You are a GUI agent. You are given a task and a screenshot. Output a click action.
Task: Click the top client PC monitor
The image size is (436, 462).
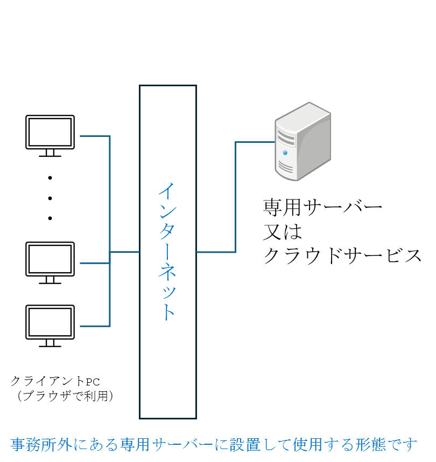coord(50,132)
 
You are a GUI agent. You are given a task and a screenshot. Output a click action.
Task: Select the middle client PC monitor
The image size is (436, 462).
coord(50,259)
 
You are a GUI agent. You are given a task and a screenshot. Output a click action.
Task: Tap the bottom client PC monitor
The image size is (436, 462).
coord(50,322)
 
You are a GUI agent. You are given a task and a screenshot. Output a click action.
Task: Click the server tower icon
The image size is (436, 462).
coord(302,141)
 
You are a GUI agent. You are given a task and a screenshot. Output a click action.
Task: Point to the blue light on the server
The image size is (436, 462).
coord(284,153)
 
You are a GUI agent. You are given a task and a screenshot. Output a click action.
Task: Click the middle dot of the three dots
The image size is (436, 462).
coord(50,198)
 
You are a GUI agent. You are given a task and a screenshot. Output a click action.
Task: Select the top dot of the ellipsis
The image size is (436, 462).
coord(50,177)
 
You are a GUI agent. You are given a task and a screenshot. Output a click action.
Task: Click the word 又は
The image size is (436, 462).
coord(283,231)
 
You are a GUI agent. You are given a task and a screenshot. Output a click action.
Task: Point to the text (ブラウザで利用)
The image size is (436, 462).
coord(64,396)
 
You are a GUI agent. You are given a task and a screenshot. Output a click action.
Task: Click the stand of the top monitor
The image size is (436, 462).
coord(50,153)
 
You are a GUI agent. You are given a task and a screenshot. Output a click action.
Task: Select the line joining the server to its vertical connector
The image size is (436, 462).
coord(255,142)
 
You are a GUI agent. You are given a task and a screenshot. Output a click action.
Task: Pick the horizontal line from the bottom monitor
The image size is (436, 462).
coord(95,326)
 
